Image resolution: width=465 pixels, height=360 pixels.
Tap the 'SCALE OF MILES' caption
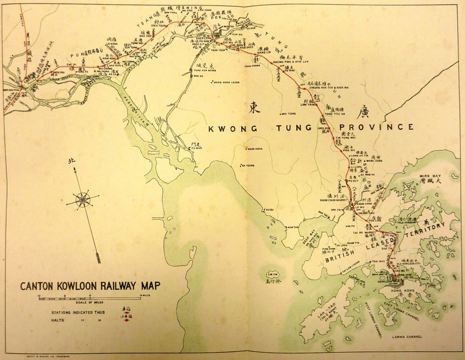click(90, 302)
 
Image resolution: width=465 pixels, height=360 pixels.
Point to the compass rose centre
click(83, 199)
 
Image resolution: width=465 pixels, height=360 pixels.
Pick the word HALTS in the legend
click(59, 320)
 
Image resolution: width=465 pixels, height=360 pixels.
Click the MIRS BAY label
click(428, 175)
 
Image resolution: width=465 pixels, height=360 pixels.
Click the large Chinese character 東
click(254, 107)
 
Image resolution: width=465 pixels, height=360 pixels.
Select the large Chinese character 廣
click(362, 111)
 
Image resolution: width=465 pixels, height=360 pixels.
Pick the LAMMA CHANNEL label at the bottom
click(407, 337)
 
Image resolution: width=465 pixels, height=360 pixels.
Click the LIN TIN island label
click(272, 274)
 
